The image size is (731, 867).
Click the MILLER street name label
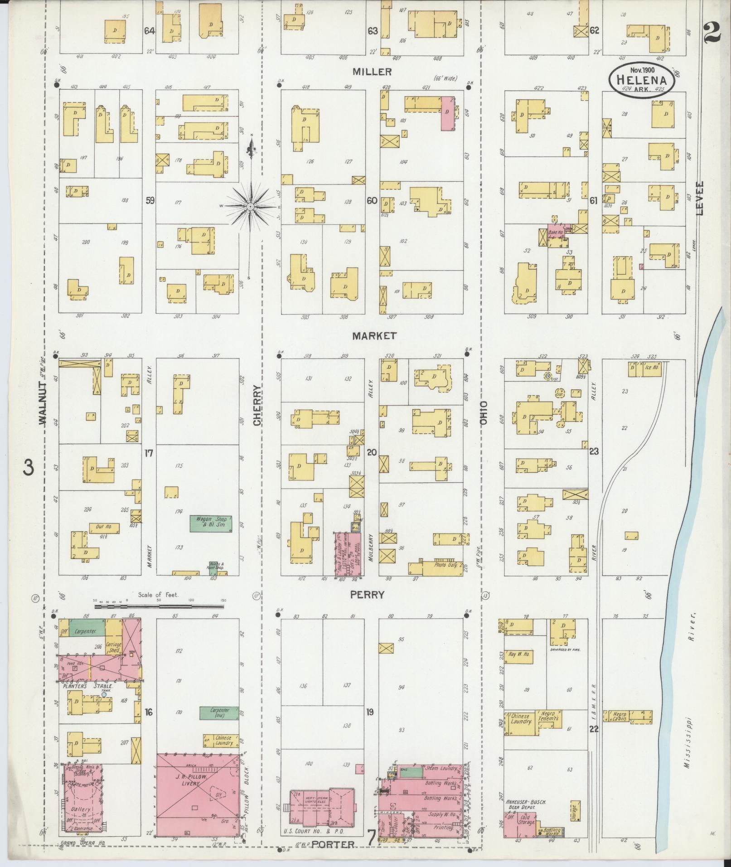click(372, 72)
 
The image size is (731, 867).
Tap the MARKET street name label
click(374, 336)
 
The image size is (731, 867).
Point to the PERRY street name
click(368, 595)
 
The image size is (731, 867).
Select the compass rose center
click(250, 207)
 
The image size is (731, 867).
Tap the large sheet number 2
click(713, 32)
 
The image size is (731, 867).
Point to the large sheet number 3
click(29, 467)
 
